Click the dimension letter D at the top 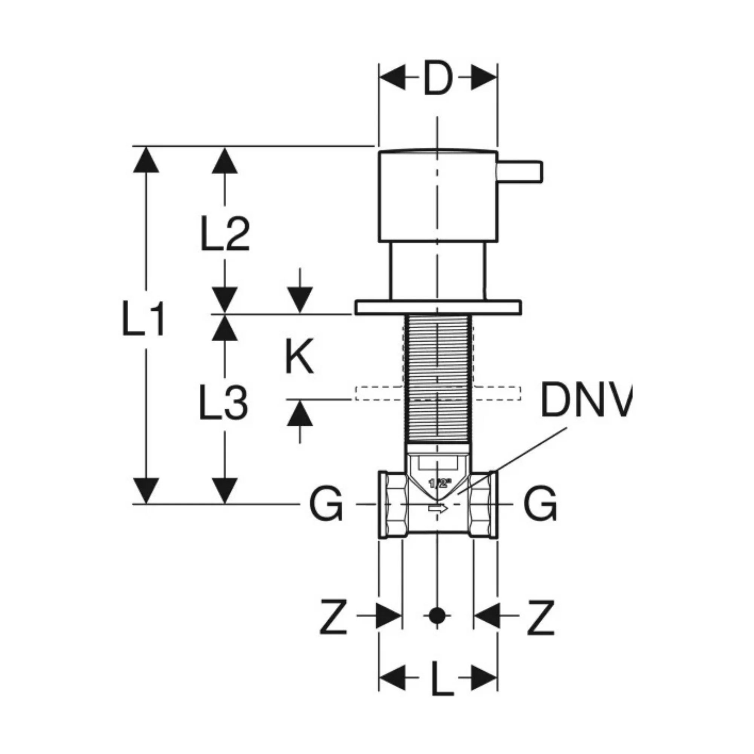(x=437, y=78)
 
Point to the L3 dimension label (x=224, y=402)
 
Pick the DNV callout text (x=585, y=399)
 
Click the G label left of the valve (x=326, y=504)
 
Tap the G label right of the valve (x=541, y=504)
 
